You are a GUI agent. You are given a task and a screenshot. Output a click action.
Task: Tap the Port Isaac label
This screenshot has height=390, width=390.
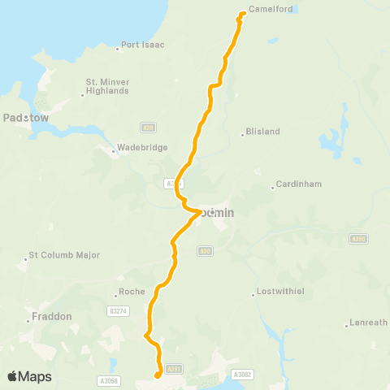coord(143,45)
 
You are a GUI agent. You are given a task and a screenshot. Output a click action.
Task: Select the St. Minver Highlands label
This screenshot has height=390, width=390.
coord(107,86)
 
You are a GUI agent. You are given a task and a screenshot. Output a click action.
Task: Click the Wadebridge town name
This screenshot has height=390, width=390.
coord(143,147)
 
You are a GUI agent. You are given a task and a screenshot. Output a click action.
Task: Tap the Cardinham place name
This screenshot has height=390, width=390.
coord(300,184)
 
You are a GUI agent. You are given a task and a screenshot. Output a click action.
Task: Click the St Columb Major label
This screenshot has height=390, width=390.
coord(64,255)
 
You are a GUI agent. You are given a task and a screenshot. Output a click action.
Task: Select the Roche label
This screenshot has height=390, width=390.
coord(132,292)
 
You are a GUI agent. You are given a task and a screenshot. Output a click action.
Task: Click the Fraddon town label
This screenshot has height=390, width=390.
coord(52,316)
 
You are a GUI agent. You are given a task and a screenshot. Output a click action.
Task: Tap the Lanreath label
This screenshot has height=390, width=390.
coord(369,323)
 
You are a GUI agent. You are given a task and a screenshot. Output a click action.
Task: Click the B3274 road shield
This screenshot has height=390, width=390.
coord(118,310)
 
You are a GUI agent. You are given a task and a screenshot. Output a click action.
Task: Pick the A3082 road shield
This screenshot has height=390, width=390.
coord(241,375)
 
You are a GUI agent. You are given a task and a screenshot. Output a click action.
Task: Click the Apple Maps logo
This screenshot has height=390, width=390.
coord(29,376)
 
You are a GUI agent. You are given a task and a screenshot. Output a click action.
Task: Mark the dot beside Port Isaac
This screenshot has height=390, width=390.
coord(118,48)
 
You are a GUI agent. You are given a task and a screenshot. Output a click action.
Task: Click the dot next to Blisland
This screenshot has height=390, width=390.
coord(242,134)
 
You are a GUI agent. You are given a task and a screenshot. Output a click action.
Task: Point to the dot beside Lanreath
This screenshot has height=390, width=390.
coord(347,325)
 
